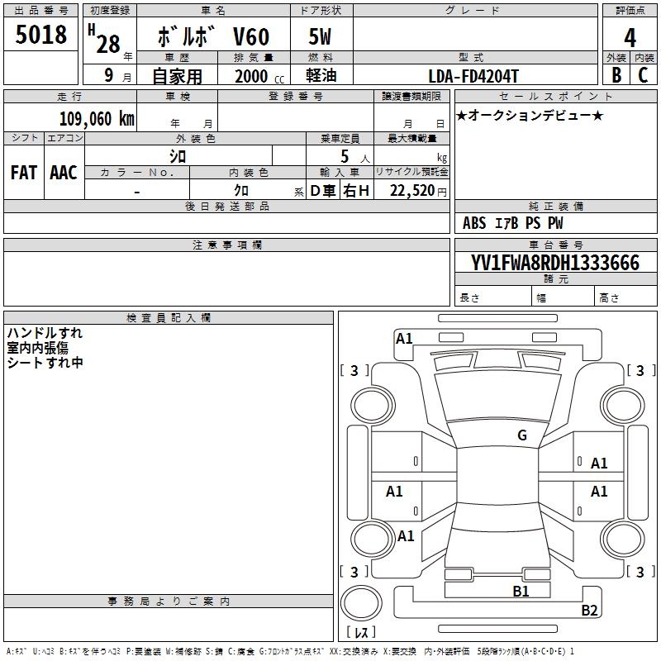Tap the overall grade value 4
pyautogui.click(x=630, y=38)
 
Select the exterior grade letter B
pyautogui.click(x=616, y=75)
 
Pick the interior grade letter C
pyautogui.click(x=643, y=75)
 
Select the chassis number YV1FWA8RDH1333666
pyautogui.click(x=555, y=263)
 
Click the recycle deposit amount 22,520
pyautogui.click(x=412, y=191)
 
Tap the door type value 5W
pyautogui.click(x=320, y=38)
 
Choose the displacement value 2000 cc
pyautogui.click(x=255, y=76)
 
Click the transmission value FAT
pyautogui.click(x=23, y=173)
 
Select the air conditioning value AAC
pyautogui.click(x=64, y=173)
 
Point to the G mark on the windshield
pyautogui.click(x=521, y=435)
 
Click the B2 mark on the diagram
pyautogui.click(x=589, y=611)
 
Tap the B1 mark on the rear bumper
pyautogui.click(x=521, y=591)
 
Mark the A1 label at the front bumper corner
pyautogui.click(x=404, y=338)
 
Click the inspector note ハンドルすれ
pyautogui.click(x=45, y=333)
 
